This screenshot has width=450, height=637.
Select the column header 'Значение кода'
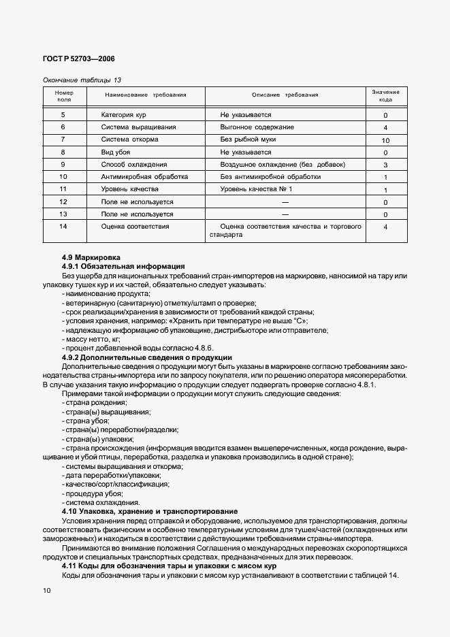[x=385, y=95]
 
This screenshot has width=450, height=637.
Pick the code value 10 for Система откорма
[x=385, y=140]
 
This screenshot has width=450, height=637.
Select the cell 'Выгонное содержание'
[x=257, y=128]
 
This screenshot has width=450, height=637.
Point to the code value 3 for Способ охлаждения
[x=385, y=165]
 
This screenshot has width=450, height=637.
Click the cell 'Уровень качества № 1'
[x=256, y=189]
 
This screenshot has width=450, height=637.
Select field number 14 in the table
[x=63, y=226]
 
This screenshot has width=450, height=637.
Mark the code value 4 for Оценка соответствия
[x=385, y=227]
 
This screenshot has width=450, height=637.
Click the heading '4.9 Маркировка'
[x=91, y=258]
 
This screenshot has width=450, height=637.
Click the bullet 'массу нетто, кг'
[x=91, y=338]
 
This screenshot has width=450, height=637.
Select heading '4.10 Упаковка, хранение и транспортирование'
[x=149, y=511]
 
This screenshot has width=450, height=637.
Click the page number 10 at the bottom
[x=47, y=591]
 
